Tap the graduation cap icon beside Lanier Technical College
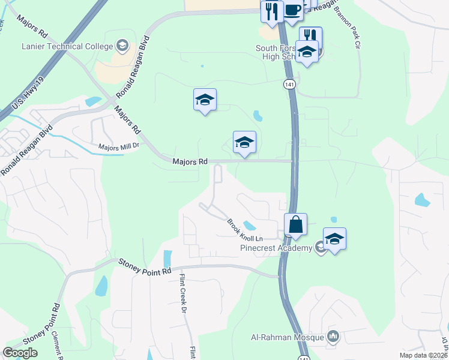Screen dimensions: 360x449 tap(122, 46)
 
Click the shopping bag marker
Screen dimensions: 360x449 tap(295, 225)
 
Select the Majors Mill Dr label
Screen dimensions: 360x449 tap(119, 146)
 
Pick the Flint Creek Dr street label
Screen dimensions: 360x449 tap(184, 294)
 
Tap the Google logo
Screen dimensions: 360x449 tap(20, 353)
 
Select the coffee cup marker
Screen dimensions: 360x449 tap(292, 11)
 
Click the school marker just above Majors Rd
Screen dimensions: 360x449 tap(244, 143)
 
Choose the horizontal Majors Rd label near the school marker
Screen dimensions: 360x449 tap(190, 161)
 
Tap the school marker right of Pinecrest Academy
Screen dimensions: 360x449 tap(334, 239)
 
